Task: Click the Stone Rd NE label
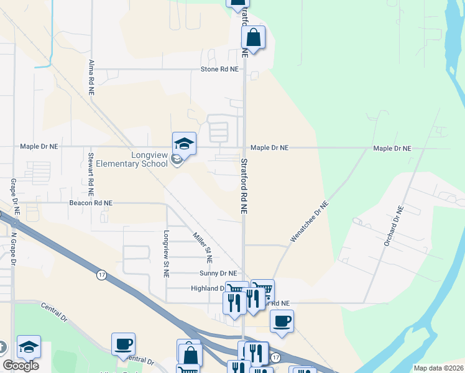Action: [x=219, y=70]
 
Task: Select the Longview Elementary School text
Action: [x=132, y=159]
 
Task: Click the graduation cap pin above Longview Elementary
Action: [x=184, y=144]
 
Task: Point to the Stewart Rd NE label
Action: [x=91, y=172]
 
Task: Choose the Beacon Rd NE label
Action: [x=91, y=203]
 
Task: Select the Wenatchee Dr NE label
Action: [x=309, y=222]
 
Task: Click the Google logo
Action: [x=21, y=366]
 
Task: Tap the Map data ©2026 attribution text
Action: [x=438, y=368]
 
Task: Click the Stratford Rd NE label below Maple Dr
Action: [x=244, y=186]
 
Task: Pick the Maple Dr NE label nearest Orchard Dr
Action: [x=392, y=149]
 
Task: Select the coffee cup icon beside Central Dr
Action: [x=123, y=344]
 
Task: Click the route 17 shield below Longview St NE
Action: [x=101, y=274]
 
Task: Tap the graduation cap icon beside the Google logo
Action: [x=29, y=347]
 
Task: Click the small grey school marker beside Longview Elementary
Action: [x=177, y=160]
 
